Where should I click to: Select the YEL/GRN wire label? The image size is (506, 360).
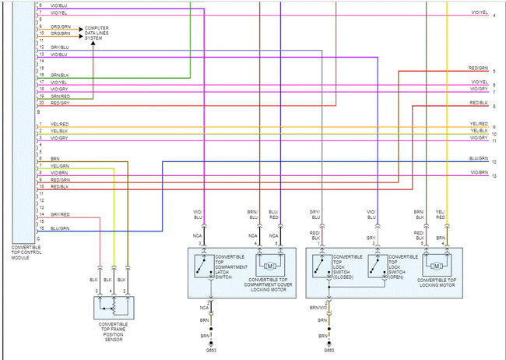[x=60, y=166]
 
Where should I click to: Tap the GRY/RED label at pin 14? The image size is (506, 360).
[x=60, y=214]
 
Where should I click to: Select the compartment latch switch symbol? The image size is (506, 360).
[x=205, y=269]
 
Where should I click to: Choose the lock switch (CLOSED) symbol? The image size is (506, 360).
[x=321, y=269]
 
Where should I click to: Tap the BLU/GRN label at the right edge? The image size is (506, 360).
[x=478, y=158]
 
